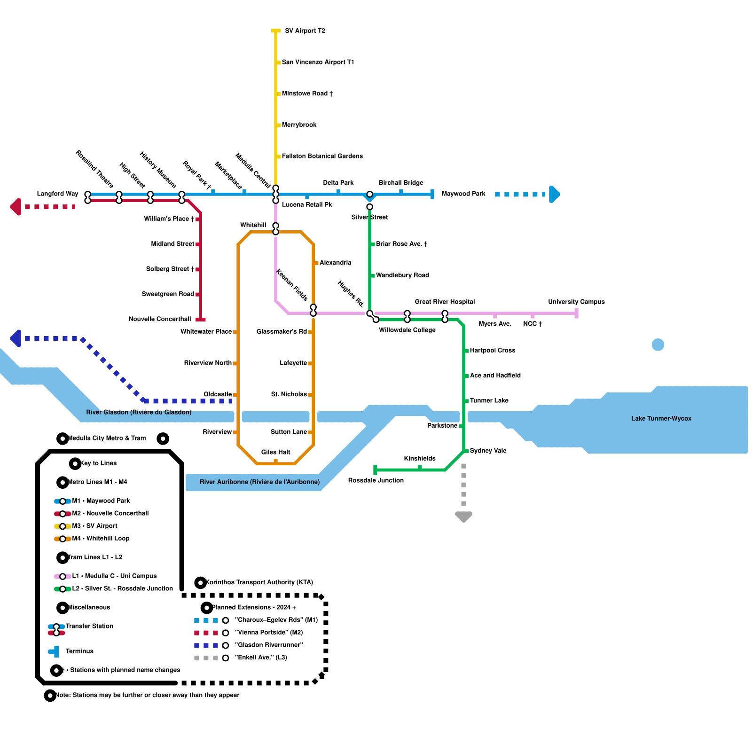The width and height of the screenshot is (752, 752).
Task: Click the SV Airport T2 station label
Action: [x=305, y=31]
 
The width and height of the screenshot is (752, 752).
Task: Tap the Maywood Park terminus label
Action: [x=463, y=194]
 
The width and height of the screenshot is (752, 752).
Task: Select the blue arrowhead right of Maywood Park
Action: [x=555, y=194]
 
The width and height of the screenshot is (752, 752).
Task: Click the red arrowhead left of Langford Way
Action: [x=16, y=207]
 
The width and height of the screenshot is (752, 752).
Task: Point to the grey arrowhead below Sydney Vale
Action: [x=463, y=517]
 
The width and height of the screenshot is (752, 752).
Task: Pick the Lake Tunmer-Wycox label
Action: [x=661, y=419]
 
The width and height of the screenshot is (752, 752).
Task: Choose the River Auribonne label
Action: [x=259, y=482]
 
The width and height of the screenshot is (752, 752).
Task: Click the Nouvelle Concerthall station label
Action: [x=159, y=319]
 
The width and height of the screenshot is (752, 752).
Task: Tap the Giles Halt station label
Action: [x=275, y=452]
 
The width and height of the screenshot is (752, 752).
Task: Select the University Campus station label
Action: [x=576, y=302]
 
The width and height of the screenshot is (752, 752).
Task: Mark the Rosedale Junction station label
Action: [x=376, y=480]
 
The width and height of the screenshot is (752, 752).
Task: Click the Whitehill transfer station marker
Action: [x=276, y=229]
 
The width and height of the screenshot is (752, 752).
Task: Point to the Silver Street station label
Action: [x=369, y=217]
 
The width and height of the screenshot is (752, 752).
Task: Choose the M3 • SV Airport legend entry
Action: [x=94, y=526]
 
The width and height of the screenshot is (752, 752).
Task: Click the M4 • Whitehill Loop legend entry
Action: [x=100, y=539]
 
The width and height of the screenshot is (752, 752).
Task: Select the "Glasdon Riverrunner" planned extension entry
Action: [x=268, y=645]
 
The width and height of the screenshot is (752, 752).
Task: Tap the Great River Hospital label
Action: [x=444, y=302]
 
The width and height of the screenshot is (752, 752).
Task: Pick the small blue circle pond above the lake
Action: [x=658, y=345]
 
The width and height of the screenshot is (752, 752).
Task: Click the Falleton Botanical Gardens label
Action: [x=322, y=156]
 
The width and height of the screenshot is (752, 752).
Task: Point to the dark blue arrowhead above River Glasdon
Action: [x=16, y=338]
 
